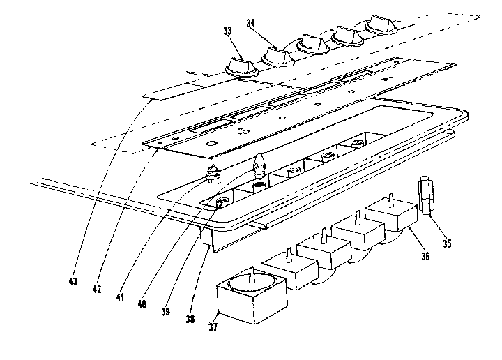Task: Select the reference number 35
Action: click(x=448, y=244)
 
